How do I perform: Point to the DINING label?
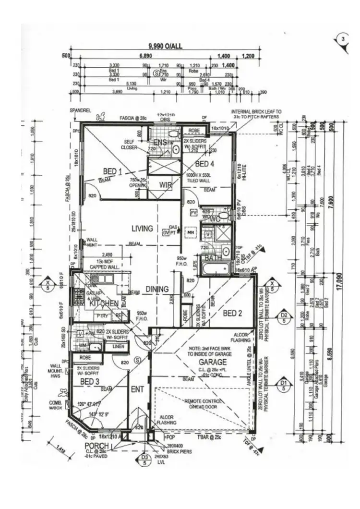click(157, 289)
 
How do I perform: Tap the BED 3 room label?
click(90, 381)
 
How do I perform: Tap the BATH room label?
click(213, 258)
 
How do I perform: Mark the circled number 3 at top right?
click(342, 39)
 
